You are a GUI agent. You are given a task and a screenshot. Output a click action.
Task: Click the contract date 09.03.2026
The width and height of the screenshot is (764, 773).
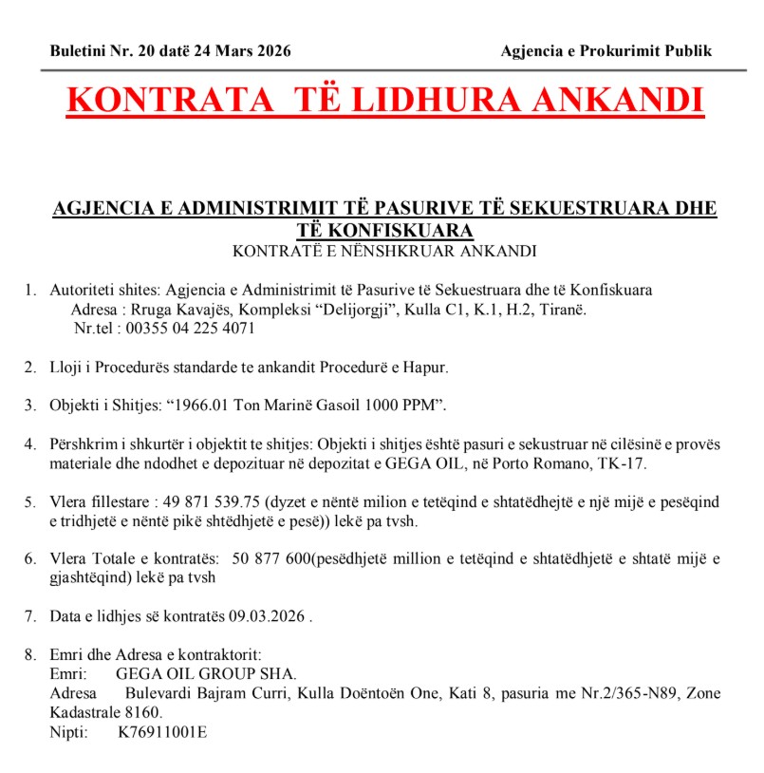pyautogui.click(x=267, y=617)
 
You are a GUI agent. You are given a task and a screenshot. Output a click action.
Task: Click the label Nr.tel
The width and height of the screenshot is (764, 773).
pyautogui.click(x=94, y=329)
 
